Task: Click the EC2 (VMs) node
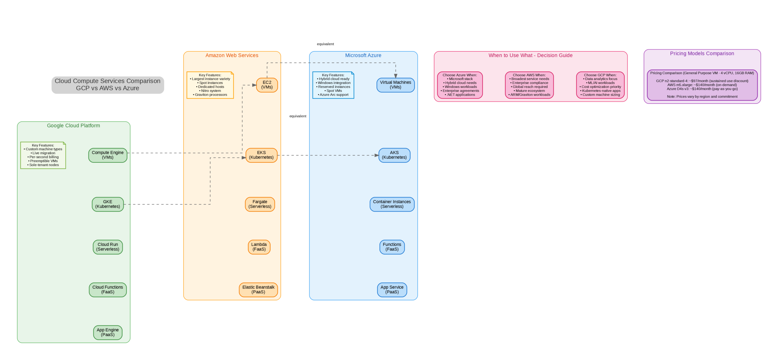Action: (x=267, y=85)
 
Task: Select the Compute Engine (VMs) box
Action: (x=108, y=155)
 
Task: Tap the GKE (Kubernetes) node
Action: (x=108, y=204)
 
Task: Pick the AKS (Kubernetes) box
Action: (x=394, y=155)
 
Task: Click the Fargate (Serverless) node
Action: (x=260, y=204)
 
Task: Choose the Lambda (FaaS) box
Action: (x=259, y=247)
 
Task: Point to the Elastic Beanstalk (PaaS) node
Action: (x=258, y=289)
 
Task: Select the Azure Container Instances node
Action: (x=391, y=204)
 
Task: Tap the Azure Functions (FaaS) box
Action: (x=392, y=247)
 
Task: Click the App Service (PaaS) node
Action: (x=392, y=289)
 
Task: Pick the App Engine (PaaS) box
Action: (x=108, y=332)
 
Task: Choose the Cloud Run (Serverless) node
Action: (x=108, y=247)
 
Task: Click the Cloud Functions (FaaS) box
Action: (x=108, y=289)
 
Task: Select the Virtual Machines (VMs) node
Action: (x=395, y=85)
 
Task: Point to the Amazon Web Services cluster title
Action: (x=232, y=55)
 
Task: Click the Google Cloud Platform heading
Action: (x=73, y=126)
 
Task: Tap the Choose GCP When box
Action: (x=600, y=85)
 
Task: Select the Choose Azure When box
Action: (x=460, y=85)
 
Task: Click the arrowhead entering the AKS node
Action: (x=377, y=155)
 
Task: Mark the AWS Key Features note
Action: (x=210, y=85)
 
